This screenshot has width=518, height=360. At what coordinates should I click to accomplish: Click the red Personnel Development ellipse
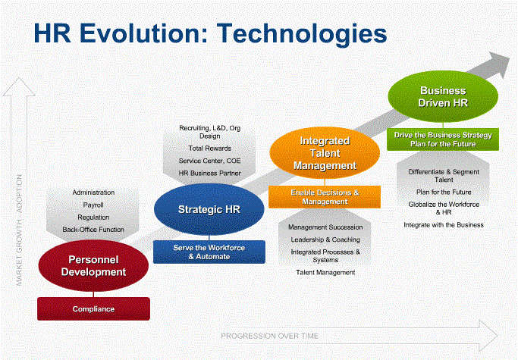pyautogui.click(x=93, y=266)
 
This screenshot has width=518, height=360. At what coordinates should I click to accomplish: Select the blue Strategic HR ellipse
pyautogui.click(x=209, y=209)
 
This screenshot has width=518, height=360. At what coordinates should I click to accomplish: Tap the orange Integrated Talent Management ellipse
pyautogui.click(x=325, y=153)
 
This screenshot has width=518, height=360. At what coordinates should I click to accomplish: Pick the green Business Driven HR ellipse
pyautogui.click(x=443, y=96)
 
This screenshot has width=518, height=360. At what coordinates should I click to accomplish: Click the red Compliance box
pyautogui.click(x=93, y=308)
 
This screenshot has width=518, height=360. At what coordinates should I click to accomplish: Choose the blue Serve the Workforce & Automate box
pyautogui.click(x=209, y=252)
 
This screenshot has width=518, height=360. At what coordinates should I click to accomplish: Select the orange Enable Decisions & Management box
pyautogui.click(x=325, y=197)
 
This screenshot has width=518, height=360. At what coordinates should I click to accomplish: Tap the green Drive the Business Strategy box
pyautogui.click(x=443, y=139)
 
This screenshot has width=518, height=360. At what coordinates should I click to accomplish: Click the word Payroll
pyautogui.click(x=93, y=205)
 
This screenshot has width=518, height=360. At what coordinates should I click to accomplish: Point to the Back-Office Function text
pyautogui.click(x=93, y=230)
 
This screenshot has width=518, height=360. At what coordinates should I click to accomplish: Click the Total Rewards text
pyautogui.click(x=210, y=149)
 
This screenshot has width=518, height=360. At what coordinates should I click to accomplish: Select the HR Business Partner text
pyautogui.click(x=210, y=173)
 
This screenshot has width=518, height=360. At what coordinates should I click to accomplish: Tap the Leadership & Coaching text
pyautogui.click(x=325, y=239)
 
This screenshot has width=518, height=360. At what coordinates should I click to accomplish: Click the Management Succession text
pyautogui.click(x=325, y=227)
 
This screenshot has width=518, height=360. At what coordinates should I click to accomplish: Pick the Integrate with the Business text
pyautogui.click(x=444, y=225)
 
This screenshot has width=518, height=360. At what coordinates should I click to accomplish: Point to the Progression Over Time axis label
pyautogui.click(x=269, y=337)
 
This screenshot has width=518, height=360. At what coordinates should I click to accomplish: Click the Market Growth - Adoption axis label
pyautogui.click(x=19, y=230)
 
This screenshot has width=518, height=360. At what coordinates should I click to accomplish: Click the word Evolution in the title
pyautogui.click(x=143, y=33)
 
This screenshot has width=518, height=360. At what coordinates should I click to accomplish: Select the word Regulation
pyautogui.click(x=93, y=218)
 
